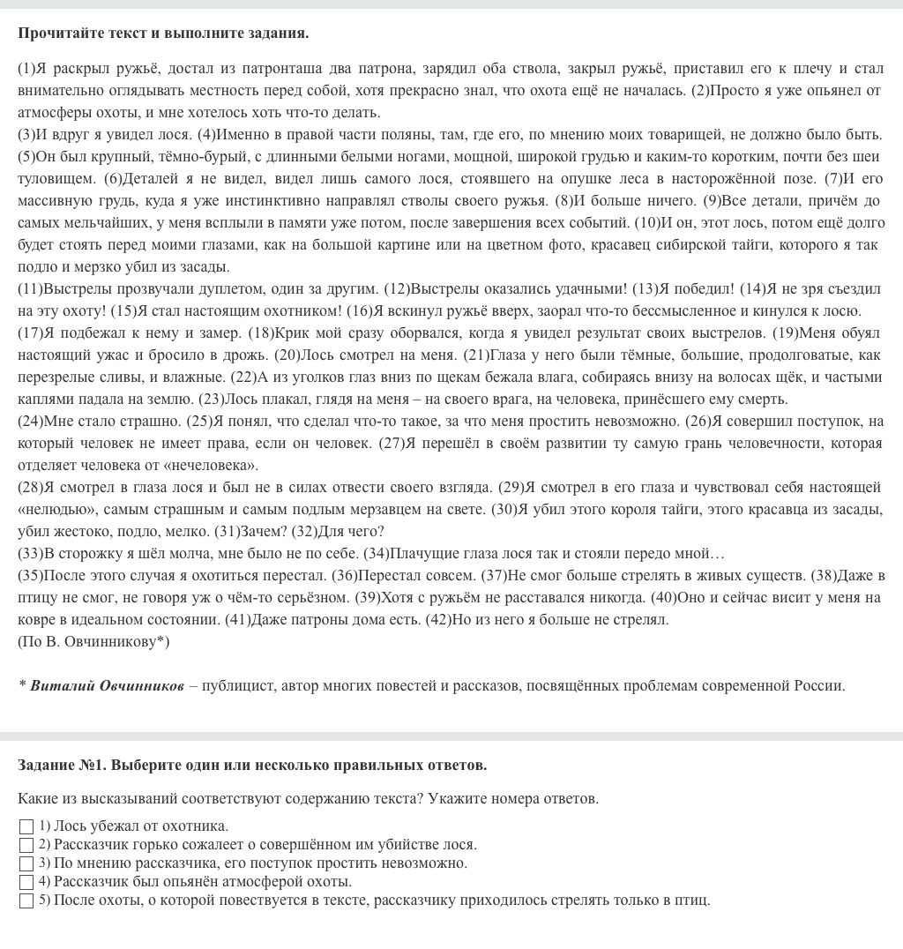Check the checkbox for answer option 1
(x=26, y=826)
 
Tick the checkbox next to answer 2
(x=26, y=845)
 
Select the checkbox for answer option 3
(x=26, y=863)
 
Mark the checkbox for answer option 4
(x=26, y=882)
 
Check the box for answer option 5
(x=26, y=900)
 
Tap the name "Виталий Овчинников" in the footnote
(x=108, y=685)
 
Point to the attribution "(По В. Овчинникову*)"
(x=93, y=641)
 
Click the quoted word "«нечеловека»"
(x=219, y=465)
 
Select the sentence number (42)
(x=465, y=619)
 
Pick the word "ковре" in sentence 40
(x=38, y=619)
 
